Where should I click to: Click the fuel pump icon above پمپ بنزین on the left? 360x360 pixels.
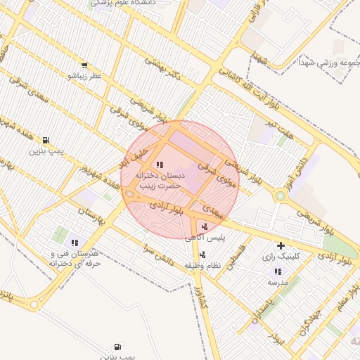point(46,140)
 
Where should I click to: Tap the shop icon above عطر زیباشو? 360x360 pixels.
point(84,65)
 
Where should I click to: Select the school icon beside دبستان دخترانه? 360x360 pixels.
point(158,165)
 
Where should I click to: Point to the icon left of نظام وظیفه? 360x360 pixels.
point(203,255)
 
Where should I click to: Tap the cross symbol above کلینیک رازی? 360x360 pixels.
point(281,245)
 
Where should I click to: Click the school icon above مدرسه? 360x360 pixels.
point(277,271)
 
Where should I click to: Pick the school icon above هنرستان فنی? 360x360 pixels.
point(75,243)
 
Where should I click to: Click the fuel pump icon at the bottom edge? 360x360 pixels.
point(117,347)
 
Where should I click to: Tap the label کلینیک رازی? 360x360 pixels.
point(281,257)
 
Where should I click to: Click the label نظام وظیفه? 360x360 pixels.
point(224,266)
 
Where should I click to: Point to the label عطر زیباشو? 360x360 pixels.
point(84,75)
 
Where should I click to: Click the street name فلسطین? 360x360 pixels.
point(243,256)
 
